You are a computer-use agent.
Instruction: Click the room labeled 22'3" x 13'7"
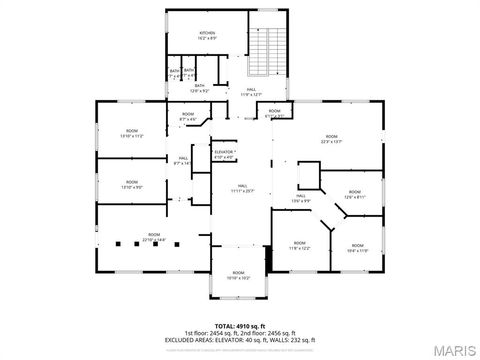[331, 139]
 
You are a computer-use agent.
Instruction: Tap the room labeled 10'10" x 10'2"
[238, 275]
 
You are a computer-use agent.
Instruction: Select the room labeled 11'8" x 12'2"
[300, 245]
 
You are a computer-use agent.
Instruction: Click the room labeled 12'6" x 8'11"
[355, 195]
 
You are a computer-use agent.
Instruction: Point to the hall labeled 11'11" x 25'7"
[243, 188]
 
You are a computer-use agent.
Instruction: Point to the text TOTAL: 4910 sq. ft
[239, 325]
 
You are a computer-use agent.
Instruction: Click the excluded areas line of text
[239, 339]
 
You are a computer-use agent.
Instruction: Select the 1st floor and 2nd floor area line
[239, 332]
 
